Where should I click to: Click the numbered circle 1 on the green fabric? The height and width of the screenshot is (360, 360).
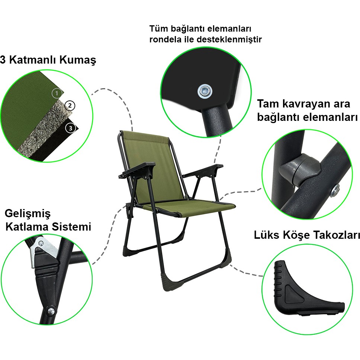[57, 93]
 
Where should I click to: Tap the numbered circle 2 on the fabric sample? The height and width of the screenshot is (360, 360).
[70, 106]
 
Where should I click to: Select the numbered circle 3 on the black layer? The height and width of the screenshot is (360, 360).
[71, 128]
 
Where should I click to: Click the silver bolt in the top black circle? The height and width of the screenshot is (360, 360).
[205, 91]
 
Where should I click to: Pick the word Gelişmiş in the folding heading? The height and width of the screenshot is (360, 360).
[28, 213]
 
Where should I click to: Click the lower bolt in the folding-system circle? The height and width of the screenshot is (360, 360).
[51, 311]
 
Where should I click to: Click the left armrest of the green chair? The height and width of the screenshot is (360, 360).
[137, 170]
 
